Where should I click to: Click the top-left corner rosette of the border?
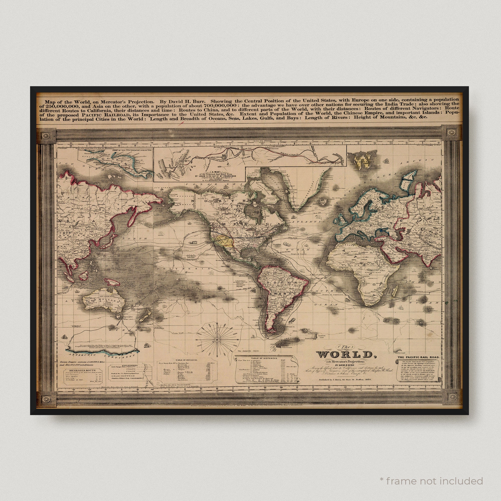point(47,136)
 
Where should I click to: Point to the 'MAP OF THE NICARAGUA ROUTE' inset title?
point(131,150)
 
